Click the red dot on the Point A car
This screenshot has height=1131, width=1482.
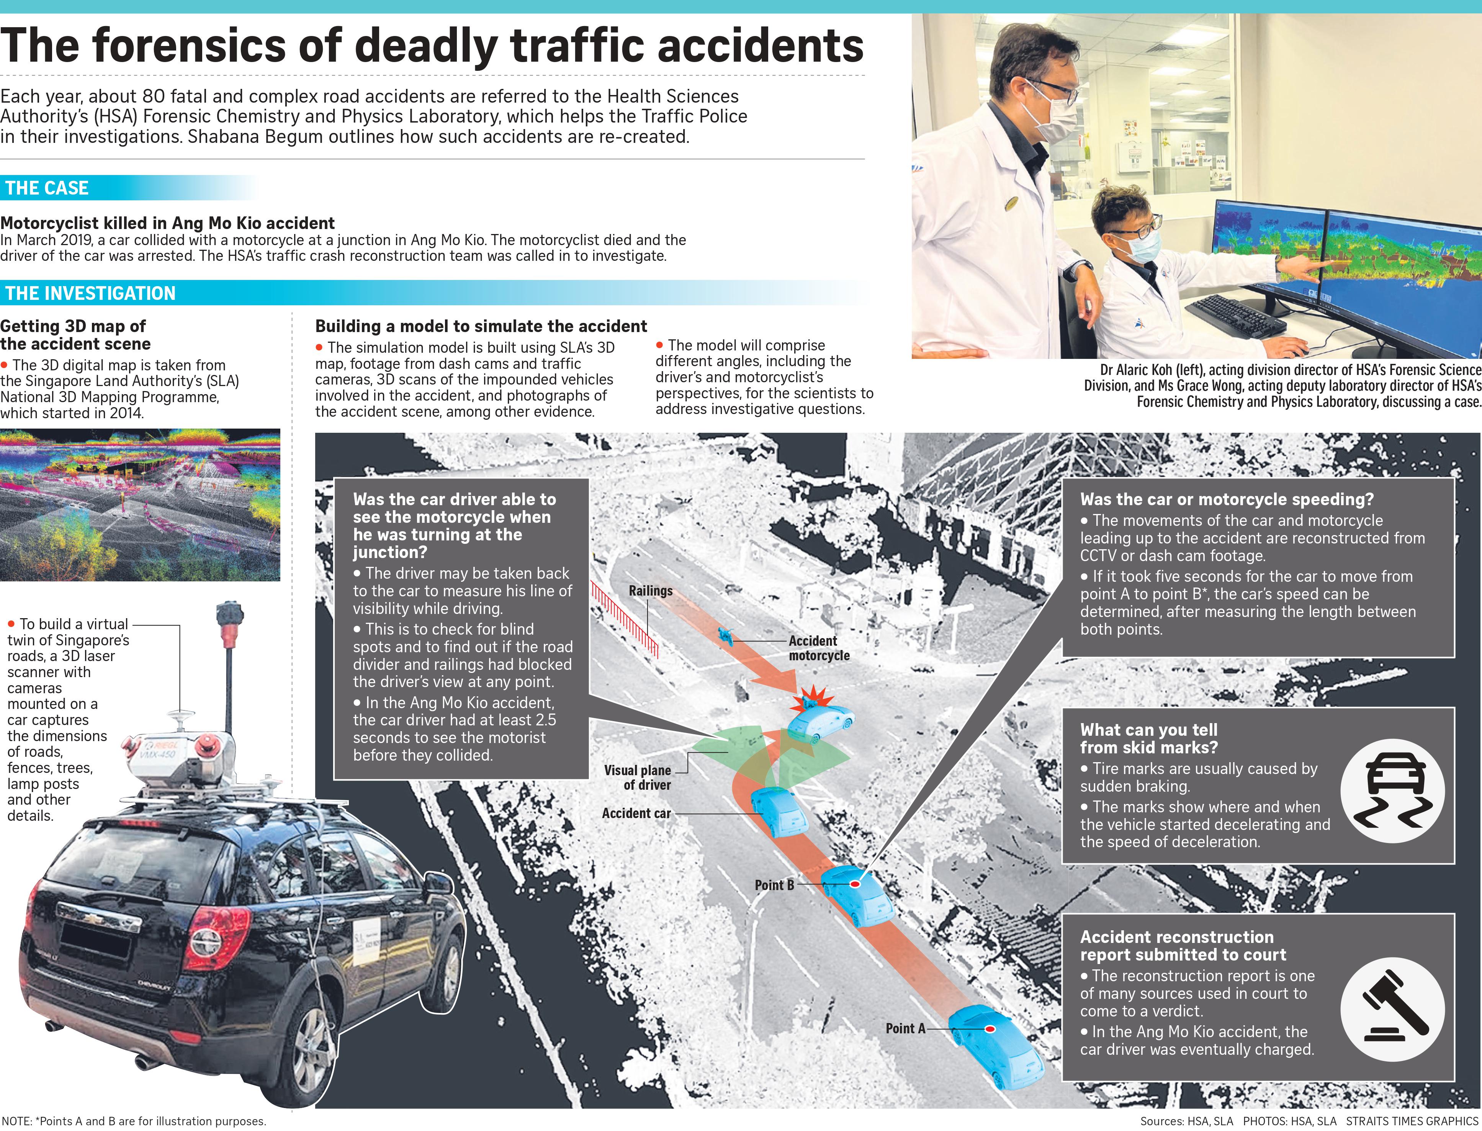pos(990,1029)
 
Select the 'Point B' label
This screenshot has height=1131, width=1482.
pos(774,885)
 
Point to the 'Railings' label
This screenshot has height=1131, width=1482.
pos(650,591)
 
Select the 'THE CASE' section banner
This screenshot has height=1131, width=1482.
pos(47,188)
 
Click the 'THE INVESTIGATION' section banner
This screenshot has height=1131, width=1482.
pos(90,293)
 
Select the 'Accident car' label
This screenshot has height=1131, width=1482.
pos(636,813)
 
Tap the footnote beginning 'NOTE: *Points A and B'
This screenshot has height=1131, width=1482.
pos(134,1121)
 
